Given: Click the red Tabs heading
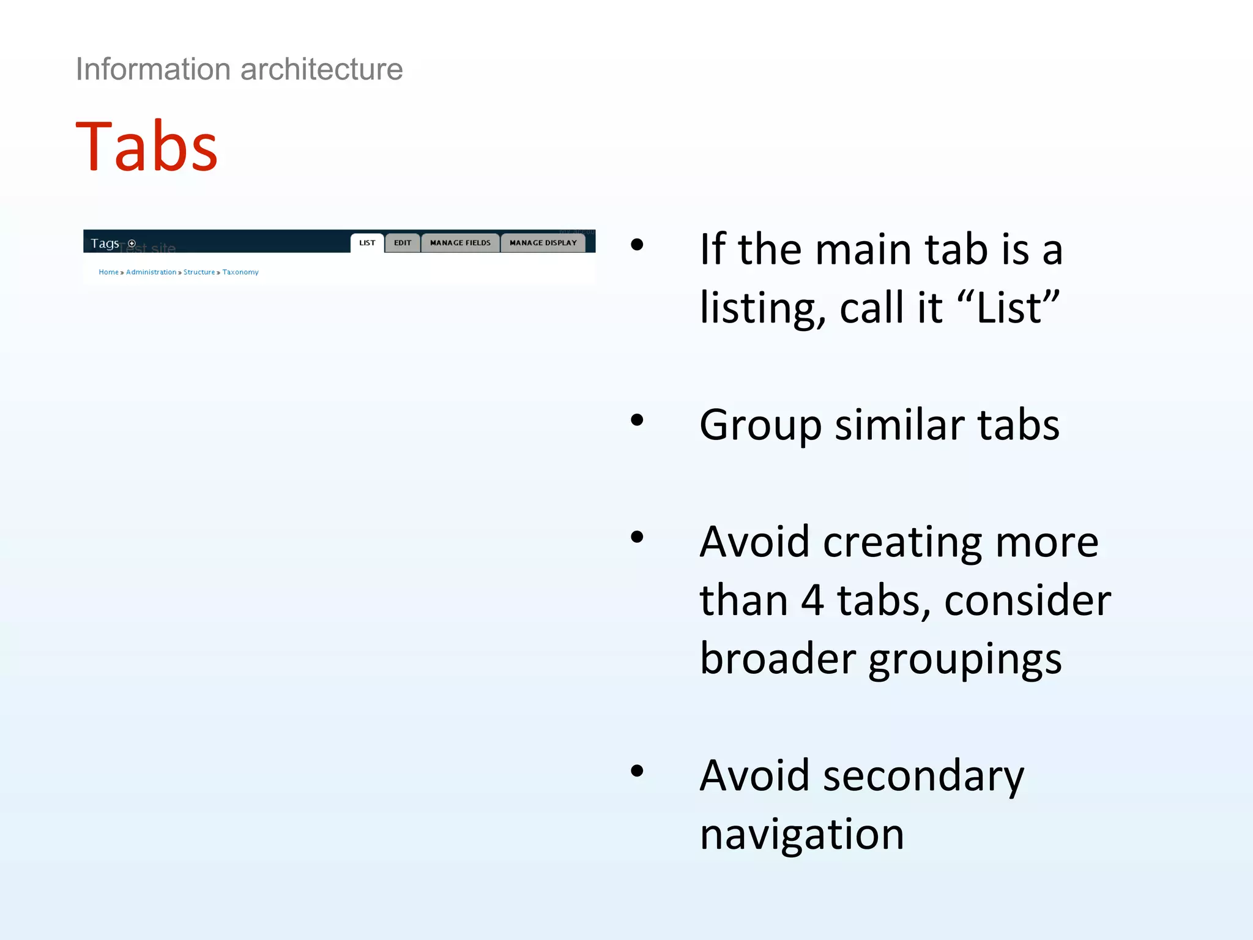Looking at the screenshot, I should click(x=146, y=147).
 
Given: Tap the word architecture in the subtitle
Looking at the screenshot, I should click(x=322, y=69).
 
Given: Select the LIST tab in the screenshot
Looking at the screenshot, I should click(x=367, y=243).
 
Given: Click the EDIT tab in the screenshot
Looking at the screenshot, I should click(x=403, y=243).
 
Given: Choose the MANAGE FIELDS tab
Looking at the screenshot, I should click(x=460, y=243).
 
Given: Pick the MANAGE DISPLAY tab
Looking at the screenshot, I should click(x=543, y=243).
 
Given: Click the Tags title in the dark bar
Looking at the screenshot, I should click(x=105, y=244).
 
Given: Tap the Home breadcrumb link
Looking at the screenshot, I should click(x=108, y=272).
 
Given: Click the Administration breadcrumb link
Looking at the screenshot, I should click(x=151, y=272).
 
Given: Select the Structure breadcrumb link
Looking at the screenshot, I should click(x=199, y=272).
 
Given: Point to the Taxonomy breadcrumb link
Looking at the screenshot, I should click(x=240, y=272).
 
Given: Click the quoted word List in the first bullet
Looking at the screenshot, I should click(x=1009, y=307).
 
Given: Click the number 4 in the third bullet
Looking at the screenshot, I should click(x=812, y=600).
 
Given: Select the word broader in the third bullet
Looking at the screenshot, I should click(x=777, y=659).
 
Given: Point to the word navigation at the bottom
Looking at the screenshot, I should click(x=801, y=834).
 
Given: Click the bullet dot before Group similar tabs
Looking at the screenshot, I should click(x=637, y=420).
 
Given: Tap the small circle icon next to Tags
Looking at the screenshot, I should click(x=132, y=244).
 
